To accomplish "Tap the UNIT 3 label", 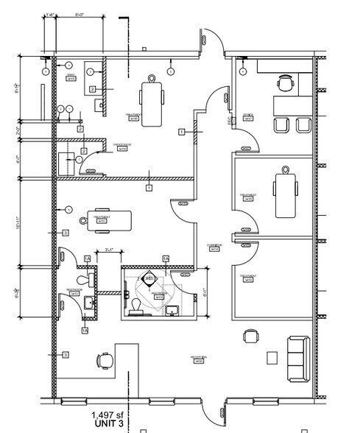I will click(107, 425).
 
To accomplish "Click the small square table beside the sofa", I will click(272, 357).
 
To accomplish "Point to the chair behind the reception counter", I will click(104, 360).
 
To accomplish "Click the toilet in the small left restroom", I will click(91, 278).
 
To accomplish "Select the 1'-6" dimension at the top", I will click(49, 13).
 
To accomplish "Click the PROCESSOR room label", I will click(122, 145).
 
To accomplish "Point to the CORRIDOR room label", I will click(214, 247).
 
